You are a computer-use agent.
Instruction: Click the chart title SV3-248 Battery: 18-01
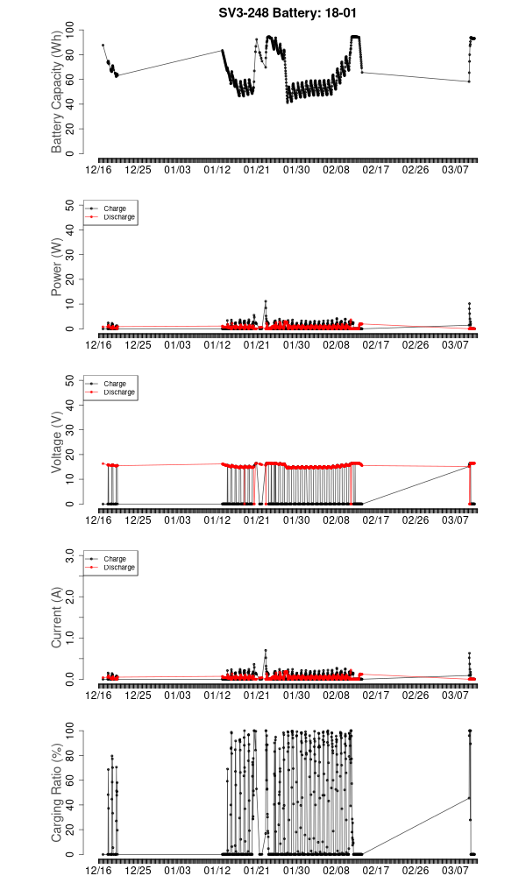click(x=287, y=12)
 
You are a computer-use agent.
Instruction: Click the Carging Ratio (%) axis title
click(x=57, y=793)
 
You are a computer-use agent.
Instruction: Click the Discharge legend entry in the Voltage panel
click(x=118, y=392)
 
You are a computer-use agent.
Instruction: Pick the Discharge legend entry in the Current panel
click(x=118, y=568)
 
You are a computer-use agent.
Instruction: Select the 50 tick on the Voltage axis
click(x=70, y=380)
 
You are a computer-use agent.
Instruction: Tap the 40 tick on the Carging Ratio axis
click(x=70, y=804)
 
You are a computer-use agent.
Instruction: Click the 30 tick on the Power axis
click(x=70, y=254)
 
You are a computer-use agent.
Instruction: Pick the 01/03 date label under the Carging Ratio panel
click(x=177, y=870)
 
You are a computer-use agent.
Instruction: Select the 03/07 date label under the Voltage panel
click(x=455, y=519)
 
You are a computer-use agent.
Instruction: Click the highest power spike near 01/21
click(x=266, y=301)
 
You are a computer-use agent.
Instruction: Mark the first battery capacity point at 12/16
click(x=103, y=46)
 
